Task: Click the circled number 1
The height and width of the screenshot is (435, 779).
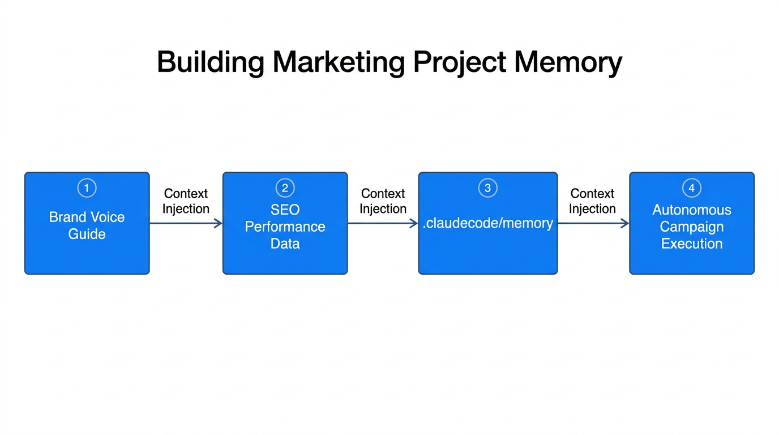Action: pos(87,188)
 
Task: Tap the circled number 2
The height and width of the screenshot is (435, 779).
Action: pos(285,188)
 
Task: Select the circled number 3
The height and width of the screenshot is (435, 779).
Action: pos(487,188)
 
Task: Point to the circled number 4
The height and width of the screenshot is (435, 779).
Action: pos(691,188)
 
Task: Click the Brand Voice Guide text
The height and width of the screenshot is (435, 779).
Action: pos(87,225)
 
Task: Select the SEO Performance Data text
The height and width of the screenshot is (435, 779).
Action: pos(285,227)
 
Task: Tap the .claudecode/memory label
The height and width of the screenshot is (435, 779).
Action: pos(487,223)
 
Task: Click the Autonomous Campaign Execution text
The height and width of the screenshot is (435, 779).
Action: pos(691,227)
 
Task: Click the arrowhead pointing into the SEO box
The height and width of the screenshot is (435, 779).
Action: pos(218,224)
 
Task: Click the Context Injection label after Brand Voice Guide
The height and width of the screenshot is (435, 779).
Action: pos(186,201)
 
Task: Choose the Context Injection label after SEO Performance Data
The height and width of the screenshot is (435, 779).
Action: pos(383,201)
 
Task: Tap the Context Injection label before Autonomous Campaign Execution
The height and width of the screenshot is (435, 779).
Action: pos(592,201)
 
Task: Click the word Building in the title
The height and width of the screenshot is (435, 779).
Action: pos(210,62)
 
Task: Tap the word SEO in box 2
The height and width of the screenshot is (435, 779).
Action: pos(285,210)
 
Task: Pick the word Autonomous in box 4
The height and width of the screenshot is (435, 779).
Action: pos(691,210)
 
